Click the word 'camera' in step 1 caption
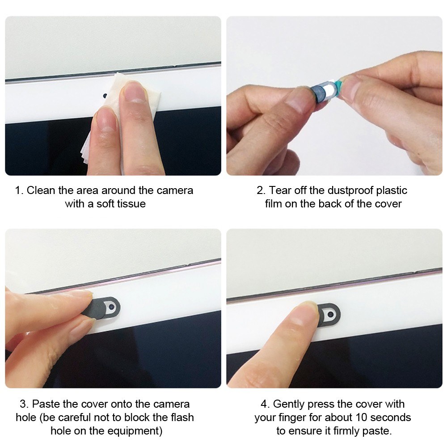(x=175, y=190)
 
